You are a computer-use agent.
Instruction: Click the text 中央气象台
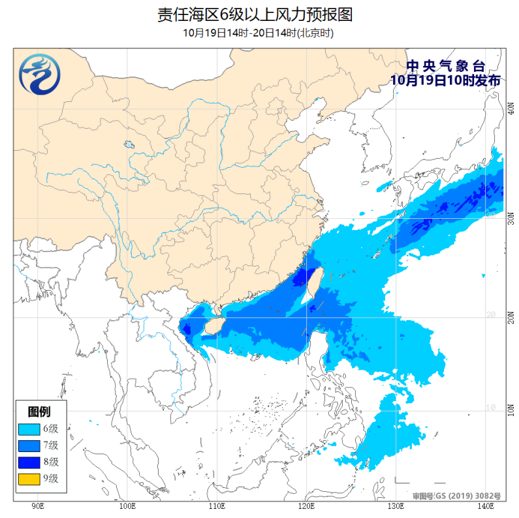click(446, 66)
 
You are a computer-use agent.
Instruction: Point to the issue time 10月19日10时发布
click(446, 80)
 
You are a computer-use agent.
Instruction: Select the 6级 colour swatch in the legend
click(29, 429)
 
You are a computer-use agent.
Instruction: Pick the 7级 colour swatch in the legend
click(29, 445)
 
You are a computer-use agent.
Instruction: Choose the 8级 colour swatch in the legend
click(29, 462)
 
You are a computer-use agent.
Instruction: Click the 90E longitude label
click(38, 506)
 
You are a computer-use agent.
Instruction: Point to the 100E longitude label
click(127, 506)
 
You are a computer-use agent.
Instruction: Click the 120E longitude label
click(306, 506)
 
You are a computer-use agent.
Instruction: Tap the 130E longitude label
click(396, 506)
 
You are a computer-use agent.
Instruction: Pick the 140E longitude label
click(484, 506)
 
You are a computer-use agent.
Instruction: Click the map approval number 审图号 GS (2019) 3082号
click(457, 496)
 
